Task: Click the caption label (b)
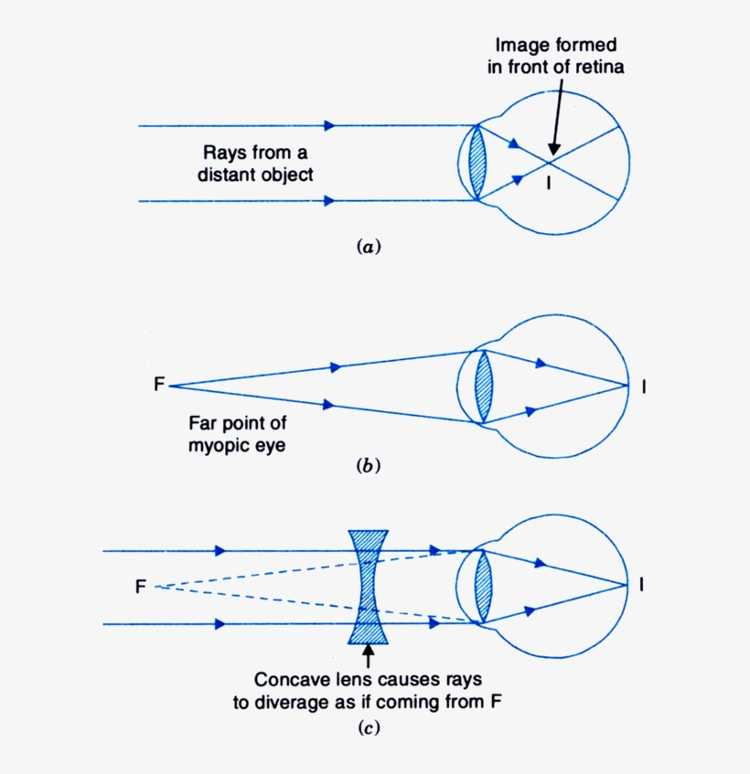pos(366,466)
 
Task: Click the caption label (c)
pos(366,728)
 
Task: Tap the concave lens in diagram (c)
pos(369,588)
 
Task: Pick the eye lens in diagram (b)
pos(483,387)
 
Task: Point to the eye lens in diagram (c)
pos(483,588)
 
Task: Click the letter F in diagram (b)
pos(159,385)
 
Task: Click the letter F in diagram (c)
pos(141,586)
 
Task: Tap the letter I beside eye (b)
pos(646,387)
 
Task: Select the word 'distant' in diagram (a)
pos(226,175)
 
